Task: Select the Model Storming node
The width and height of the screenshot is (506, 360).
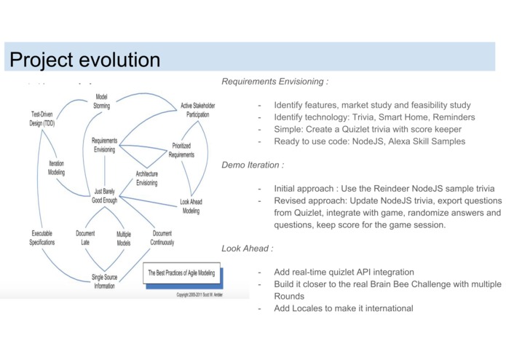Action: pos(102,101)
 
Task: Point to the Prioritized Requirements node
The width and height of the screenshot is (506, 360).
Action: pos(182,150)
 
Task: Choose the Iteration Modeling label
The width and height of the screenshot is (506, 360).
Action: pos(56,168)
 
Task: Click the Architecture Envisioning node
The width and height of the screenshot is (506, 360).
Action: pos(146,178)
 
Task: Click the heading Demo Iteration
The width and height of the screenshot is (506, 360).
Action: pos(253,165)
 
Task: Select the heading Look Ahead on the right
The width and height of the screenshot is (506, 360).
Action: pos(248,249)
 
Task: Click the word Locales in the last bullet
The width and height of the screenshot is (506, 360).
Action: pos(310,308)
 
